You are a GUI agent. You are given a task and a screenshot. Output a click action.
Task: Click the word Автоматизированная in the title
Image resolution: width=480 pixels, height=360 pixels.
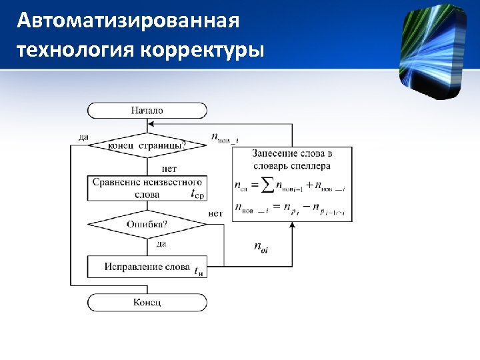pyautogui.click(x=128, y=21)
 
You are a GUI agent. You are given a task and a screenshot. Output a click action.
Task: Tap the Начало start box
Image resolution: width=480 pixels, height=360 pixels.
pyautogui.click(x=147, y=111)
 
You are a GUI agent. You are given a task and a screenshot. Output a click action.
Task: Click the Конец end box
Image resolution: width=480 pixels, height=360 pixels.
pyautogui.click(x=147, y=303)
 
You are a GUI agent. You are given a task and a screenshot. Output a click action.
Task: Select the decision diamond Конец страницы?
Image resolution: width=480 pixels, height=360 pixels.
pyautogui.click(x=147, y=144)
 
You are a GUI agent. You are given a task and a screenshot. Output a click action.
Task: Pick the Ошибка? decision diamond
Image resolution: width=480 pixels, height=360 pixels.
pyautogui.click(x=147, y=224)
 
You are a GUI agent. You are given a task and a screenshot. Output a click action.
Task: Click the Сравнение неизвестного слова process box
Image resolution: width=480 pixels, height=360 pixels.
pyautogui.click(x=147, y=188)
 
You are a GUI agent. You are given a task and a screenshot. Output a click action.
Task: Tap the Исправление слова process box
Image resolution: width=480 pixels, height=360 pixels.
pyautogui.click(x=147, y=267)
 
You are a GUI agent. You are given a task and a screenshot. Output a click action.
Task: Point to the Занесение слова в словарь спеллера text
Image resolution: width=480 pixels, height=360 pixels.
pyautogui.click(x=292, y=159)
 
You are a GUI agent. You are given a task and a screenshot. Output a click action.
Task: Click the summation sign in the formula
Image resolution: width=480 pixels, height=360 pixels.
pyautogui.click(x=267, y=185)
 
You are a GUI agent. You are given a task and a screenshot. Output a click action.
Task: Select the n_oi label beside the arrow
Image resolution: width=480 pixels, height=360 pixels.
pyautogui.click(x=261, y=248)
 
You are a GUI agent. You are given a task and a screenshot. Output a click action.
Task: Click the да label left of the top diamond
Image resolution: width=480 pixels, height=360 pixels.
pyautogui.click(x=83, y=137)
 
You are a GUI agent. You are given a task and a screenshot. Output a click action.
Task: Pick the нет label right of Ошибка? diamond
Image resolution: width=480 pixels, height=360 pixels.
pyautogui.click(x=215, y=213)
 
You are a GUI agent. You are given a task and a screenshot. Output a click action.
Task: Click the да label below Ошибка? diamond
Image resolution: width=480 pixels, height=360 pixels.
pyautogui.click(x=161, y=244)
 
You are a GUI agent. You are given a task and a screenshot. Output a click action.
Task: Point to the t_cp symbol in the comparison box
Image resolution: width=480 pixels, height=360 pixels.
pyautogui.click(x=198, y=195)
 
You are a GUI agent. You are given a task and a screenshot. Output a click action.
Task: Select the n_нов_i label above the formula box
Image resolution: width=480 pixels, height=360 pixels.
pyautogui.click(x=225, y=138)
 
